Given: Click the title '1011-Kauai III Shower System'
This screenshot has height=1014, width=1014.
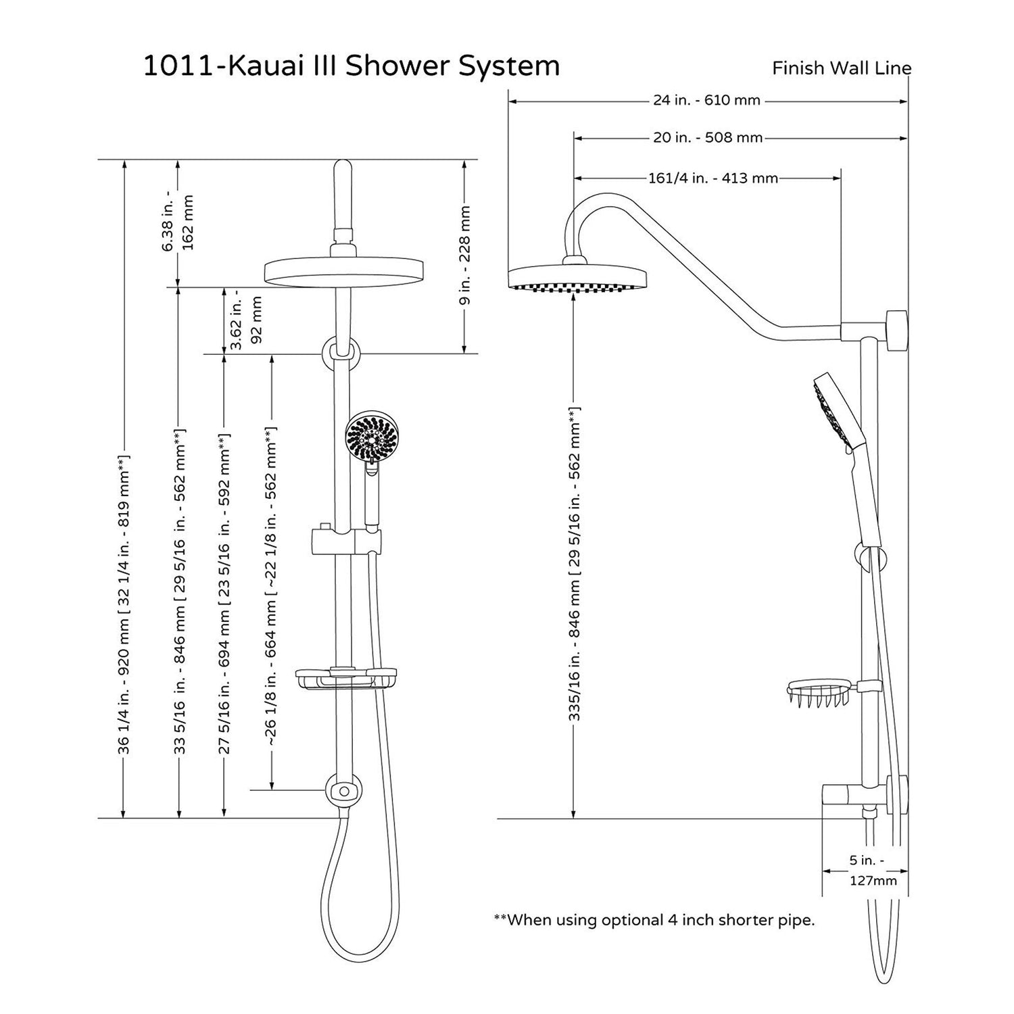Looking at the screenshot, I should (351, 67).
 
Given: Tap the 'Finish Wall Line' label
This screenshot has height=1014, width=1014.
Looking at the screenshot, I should (842, 68).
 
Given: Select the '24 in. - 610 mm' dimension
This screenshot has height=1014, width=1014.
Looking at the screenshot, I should (706, 101).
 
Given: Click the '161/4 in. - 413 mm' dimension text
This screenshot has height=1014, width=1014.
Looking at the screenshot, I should (713, 178).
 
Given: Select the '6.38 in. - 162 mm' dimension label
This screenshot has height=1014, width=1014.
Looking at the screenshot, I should (178, 223).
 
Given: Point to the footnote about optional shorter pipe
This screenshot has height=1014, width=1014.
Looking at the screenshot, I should (654, 920).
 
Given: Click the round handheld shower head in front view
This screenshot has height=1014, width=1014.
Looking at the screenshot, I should (369, 439).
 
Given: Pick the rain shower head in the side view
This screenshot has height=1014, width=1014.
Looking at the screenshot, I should (577, 279).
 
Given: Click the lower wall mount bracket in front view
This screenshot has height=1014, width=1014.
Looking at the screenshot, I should (344, 790).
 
